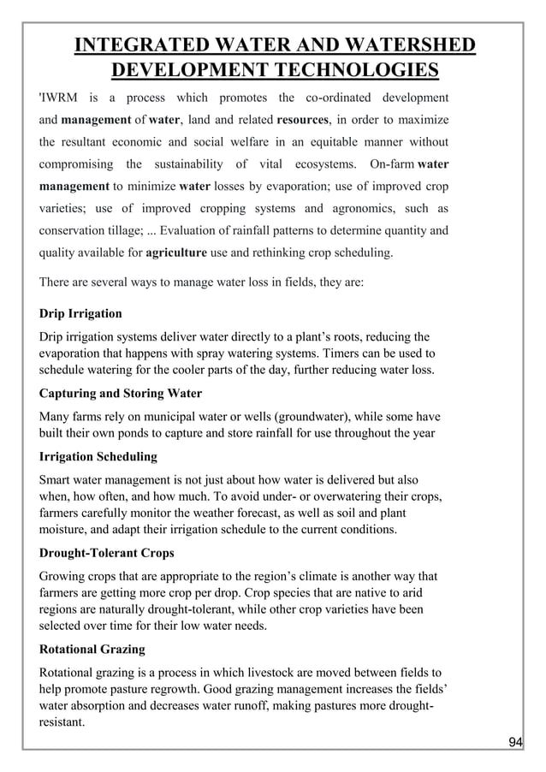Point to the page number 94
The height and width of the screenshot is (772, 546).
(x=514, y=742)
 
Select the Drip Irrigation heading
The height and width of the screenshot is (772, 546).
(x=80, y=313)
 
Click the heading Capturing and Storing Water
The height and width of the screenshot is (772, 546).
(x=121, y=394)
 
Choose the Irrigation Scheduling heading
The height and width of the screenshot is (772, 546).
(x=98, y=457)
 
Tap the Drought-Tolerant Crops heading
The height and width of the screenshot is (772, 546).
(x=107, y=553)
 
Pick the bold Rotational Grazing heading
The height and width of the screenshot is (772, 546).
(x=92, y=649)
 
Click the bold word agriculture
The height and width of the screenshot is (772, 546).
(x=176, y=252)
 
